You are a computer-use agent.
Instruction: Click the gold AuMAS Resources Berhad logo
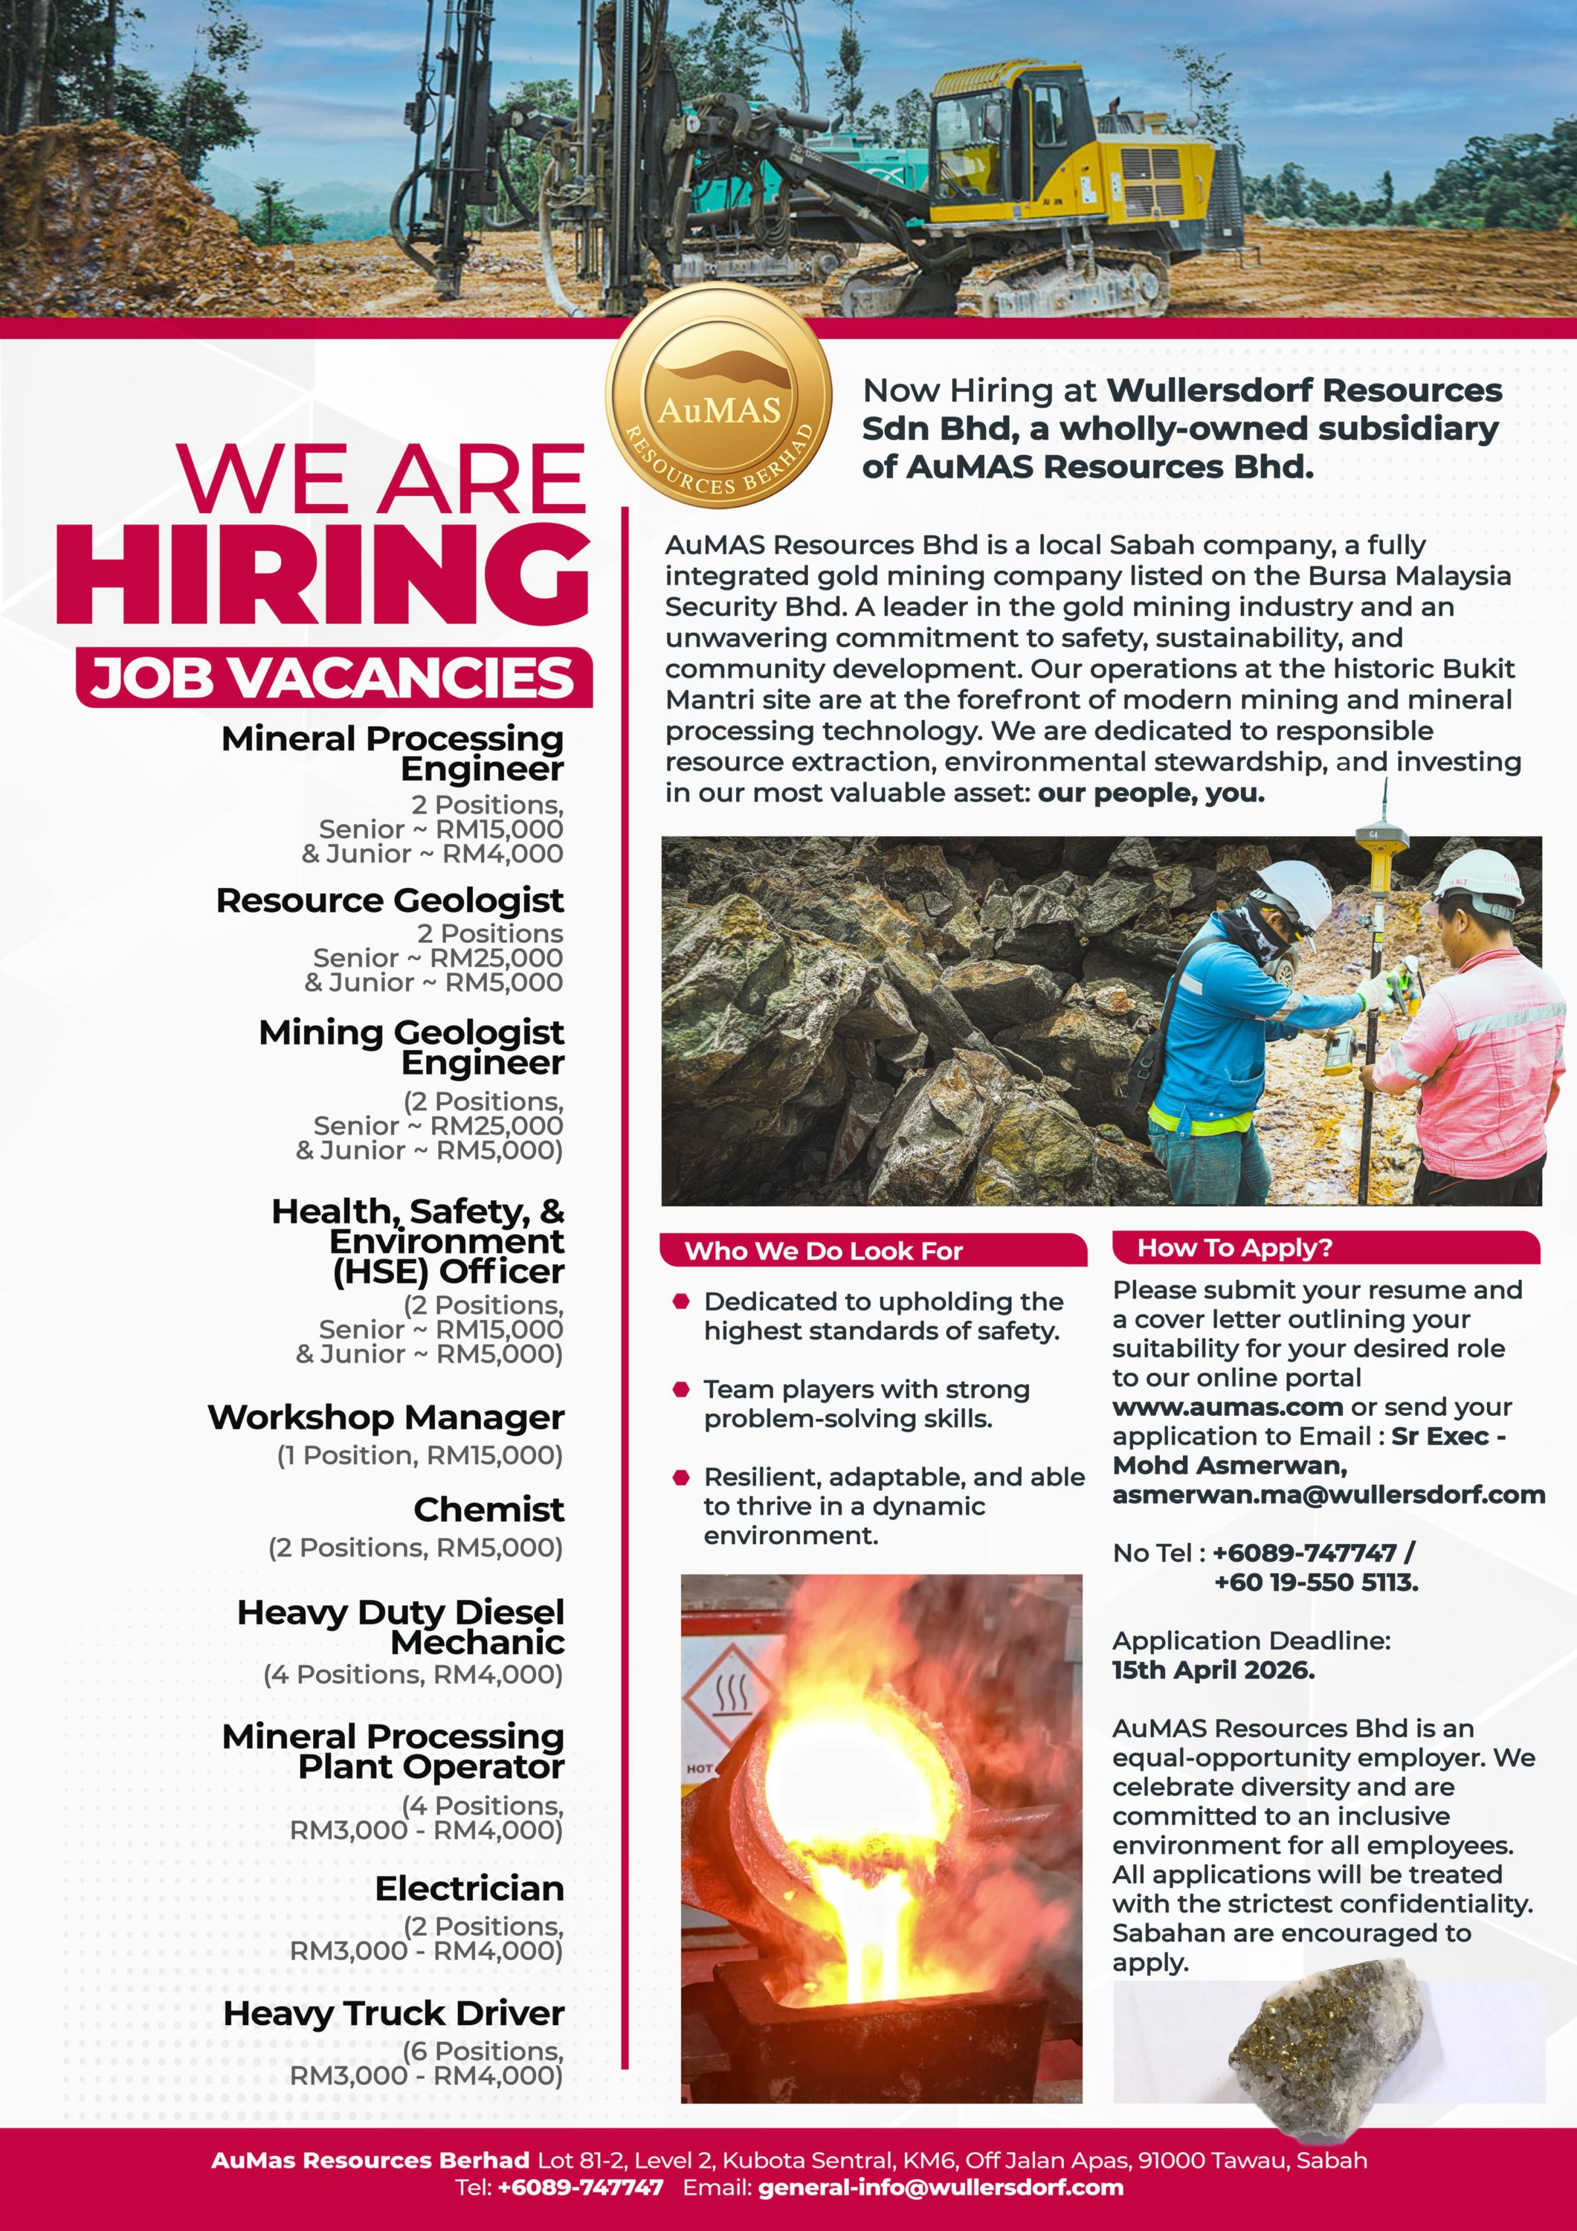[x=718, y=396]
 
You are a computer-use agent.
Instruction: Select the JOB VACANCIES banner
[x=333, y=677]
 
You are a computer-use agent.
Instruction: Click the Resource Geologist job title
[x=390, y=900]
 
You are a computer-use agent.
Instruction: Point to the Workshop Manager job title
[x=386, y=1417]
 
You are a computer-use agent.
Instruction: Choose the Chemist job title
[x=488, y=1509]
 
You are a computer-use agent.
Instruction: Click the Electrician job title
[x=469, y=1888]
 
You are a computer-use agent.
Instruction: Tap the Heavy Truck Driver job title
[x=393, y=2012]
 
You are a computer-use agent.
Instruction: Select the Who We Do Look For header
[x=823, y=1251]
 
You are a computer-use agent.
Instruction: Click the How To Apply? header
[x=1234, y=1248]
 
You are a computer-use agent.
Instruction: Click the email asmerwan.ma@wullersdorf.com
[x=1328, y=1495]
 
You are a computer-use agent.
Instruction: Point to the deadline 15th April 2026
[x=1213, y=1670]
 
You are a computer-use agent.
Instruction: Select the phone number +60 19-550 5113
[x=1315, y=1582]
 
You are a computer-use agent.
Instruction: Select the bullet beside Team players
[x=681, y=1389]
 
